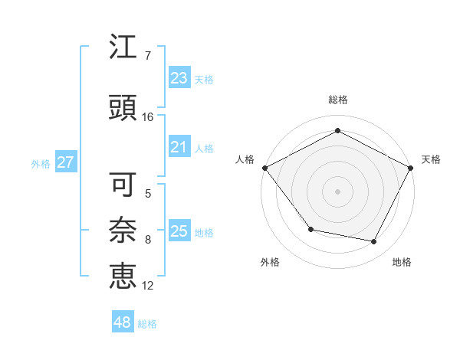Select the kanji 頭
[x=123, y=106]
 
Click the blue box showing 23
[x=179, y=77]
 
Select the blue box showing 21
[x=179, y=147]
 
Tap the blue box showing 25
[x=179, y=231]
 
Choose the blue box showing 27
[x=65, y=162]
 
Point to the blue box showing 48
[x=123, y=322]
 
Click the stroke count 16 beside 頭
[x=147, y=117]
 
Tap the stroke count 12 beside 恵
[x=148, y=286]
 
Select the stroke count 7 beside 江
[x=147, y=55]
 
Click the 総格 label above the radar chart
[x=338, y=100]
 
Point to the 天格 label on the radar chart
[x=431, y=159]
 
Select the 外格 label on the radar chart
[x=270, y=263]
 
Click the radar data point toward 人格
[x=264, y=168]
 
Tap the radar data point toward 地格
[x=374, y=242]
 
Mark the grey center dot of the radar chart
[x=338, y=191]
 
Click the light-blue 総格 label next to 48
[x=147, y=324]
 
